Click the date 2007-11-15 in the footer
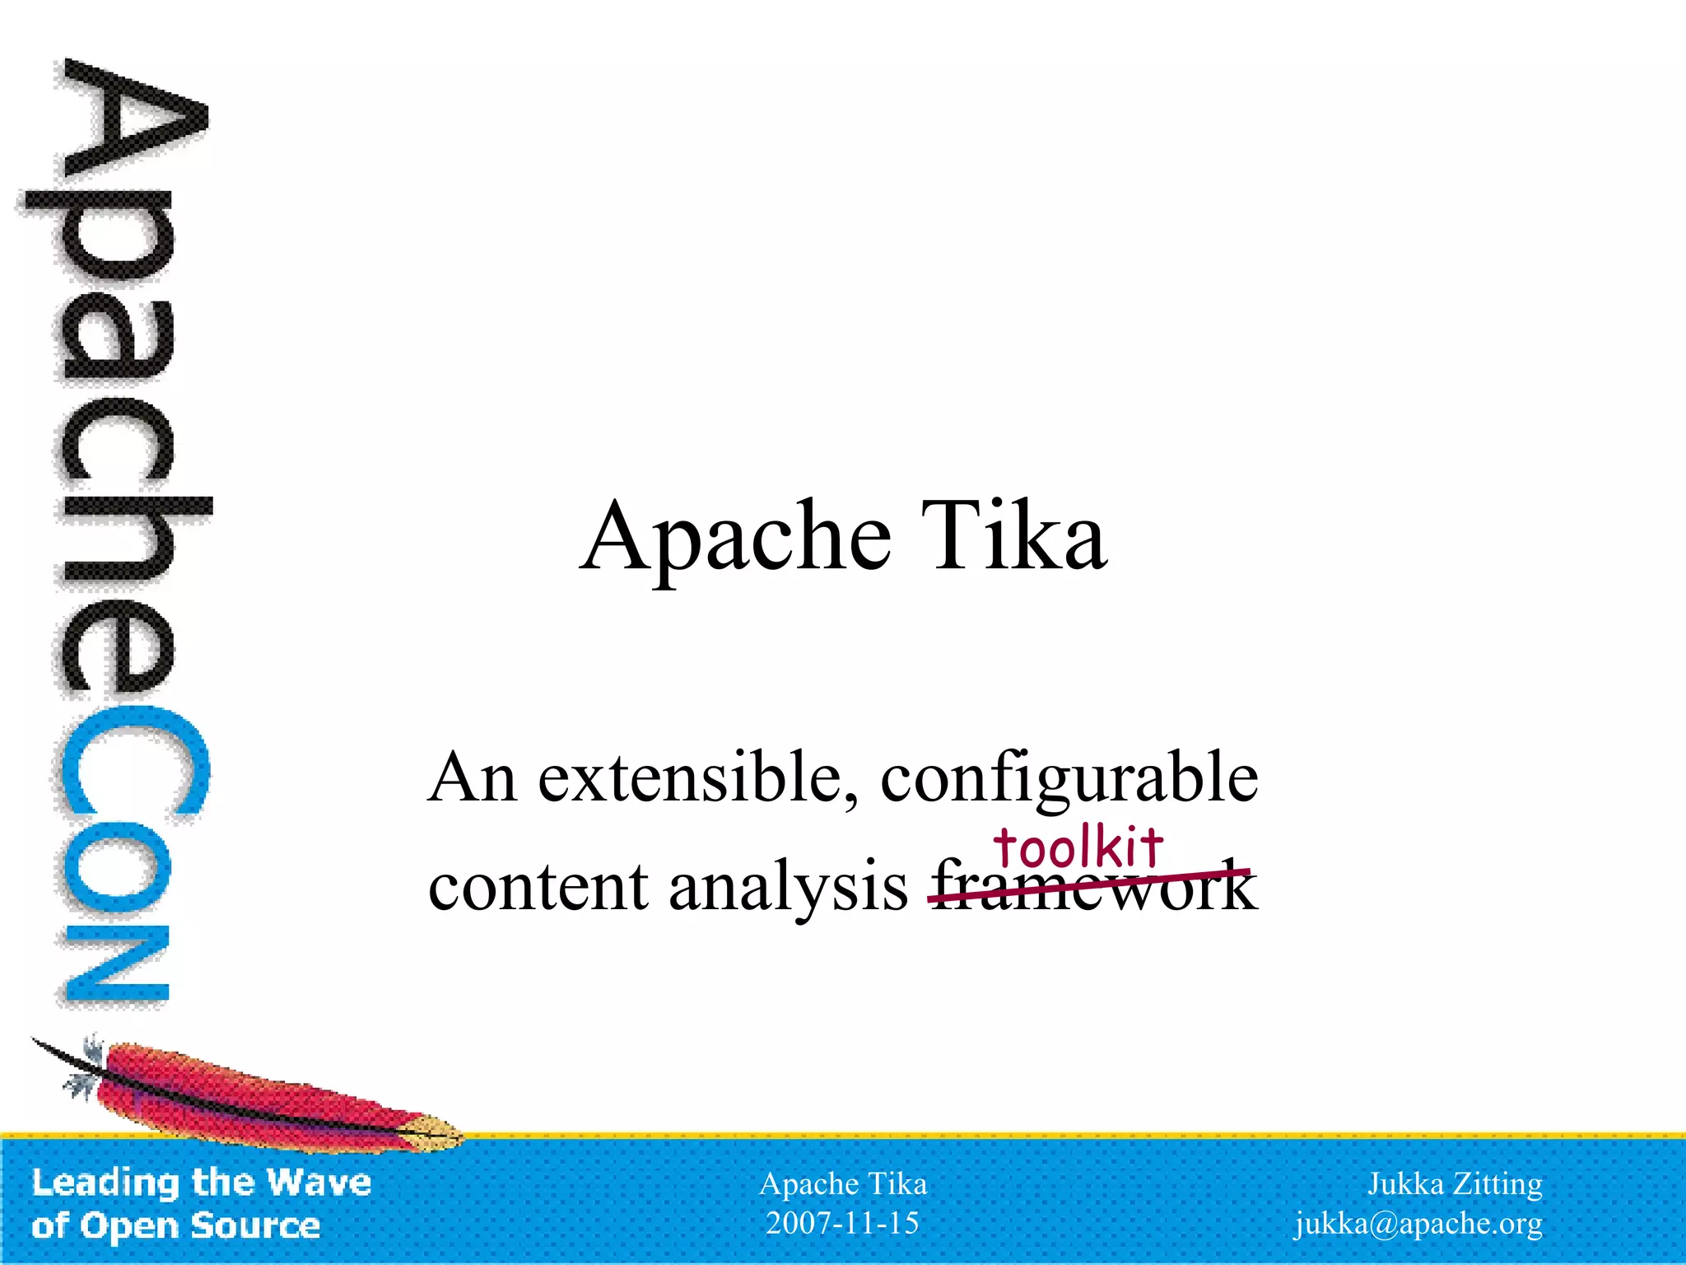pyautogui.click(x=842, y=1223)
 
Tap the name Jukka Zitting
pyautogui.click(x=1455, y=1184)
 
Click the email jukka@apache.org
pyautogui.click(x=1418, y=1224)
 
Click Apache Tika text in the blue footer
pyautogui.click(x=842, y=1184)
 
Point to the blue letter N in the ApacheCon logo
pyautogui.click(x=117, y=964)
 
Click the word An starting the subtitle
pyautogui.click(x=472, y=777)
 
